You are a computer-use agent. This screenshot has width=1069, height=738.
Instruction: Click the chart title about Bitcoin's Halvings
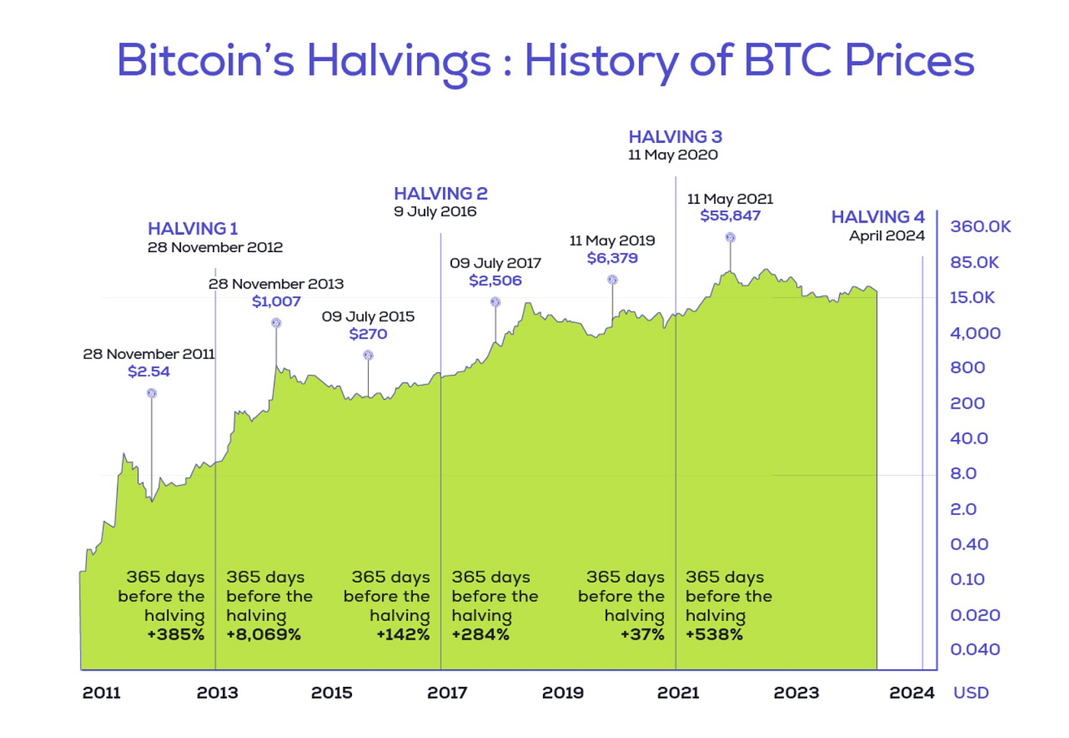[545, 61]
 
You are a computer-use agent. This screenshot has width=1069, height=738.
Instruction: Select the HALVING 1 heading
[192, 228]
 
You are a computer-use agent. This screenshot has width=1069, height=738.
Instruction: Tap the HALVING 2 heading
[441, 193]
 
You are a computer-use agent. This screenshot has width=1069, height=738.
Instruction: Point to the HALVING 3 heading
[675, 137]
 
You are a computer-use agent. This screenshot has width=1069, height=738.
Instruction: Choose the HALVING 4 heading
[877, 217]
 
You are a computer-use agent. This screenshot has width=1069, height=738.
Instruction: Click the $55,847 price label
[730, 215]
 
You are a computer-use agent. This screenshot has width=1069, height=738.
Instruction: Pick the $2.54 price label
[149, 371]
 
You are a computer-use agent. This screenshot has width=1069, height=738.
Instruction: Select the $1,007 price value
[276, 301]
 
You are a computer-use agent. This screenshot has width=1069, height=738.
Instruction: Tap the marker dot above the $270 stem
[368, 355]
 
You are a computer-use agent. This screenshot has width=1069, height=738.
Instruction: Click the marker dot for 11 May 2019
[612, 280]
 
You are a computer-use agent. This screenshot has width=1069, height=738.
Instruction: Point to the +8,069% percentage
[263, 634]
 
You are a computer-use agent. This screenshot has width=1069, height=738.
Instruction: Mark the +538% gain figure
[714, 634]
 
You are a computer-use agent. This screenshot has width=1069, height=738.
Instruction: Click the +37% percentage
[642, 634]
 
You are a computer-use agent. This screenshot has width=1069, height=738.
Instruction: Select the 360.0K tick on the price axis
[980, 226]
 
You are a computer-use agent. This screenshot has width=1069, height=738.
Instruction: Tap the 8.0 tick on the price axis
[963, 474]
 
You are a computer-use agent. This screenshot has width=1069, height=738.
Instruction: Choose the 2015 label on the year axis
[331, 693]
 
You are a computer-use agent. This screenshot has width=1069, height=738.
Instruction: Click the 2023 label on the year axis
[796, 693]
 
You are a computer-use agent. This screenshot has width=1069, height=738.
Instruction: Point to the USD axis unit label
[970, 693]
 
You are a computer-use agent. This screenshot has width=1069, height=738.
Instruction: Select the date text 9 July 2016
[434, 212]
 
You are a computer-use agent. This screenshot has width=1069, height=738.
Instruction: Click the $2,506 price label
[496, 280]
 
